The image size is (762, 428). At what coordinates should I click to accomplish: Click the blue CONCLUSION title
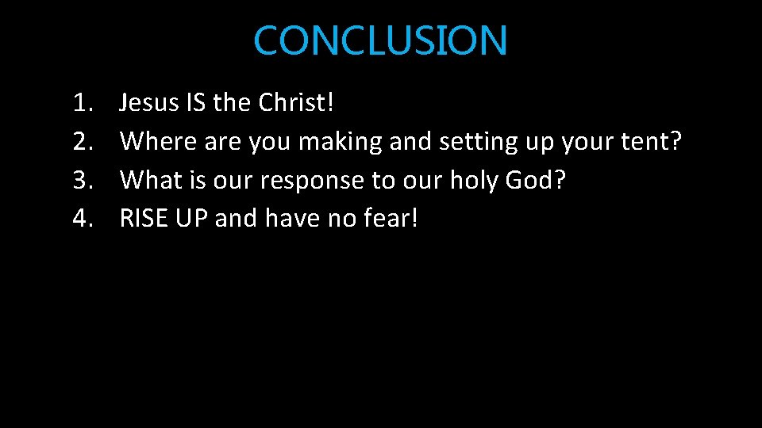point(380,40)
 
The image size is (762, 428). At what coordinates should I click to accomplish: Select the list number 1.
point(83,102)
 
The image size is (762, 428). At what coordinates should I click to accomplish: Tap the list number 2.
point(83,141)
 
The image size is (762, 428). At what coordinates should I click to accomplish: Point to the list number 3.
point(83,179)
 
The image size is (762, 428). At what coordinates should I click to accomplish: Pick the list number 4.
point(83,218)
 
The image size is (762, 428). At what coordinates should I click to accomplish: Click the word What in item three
point(151,179)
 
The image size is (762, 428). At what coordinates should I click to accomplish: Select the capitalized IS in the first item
point(198,102)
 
